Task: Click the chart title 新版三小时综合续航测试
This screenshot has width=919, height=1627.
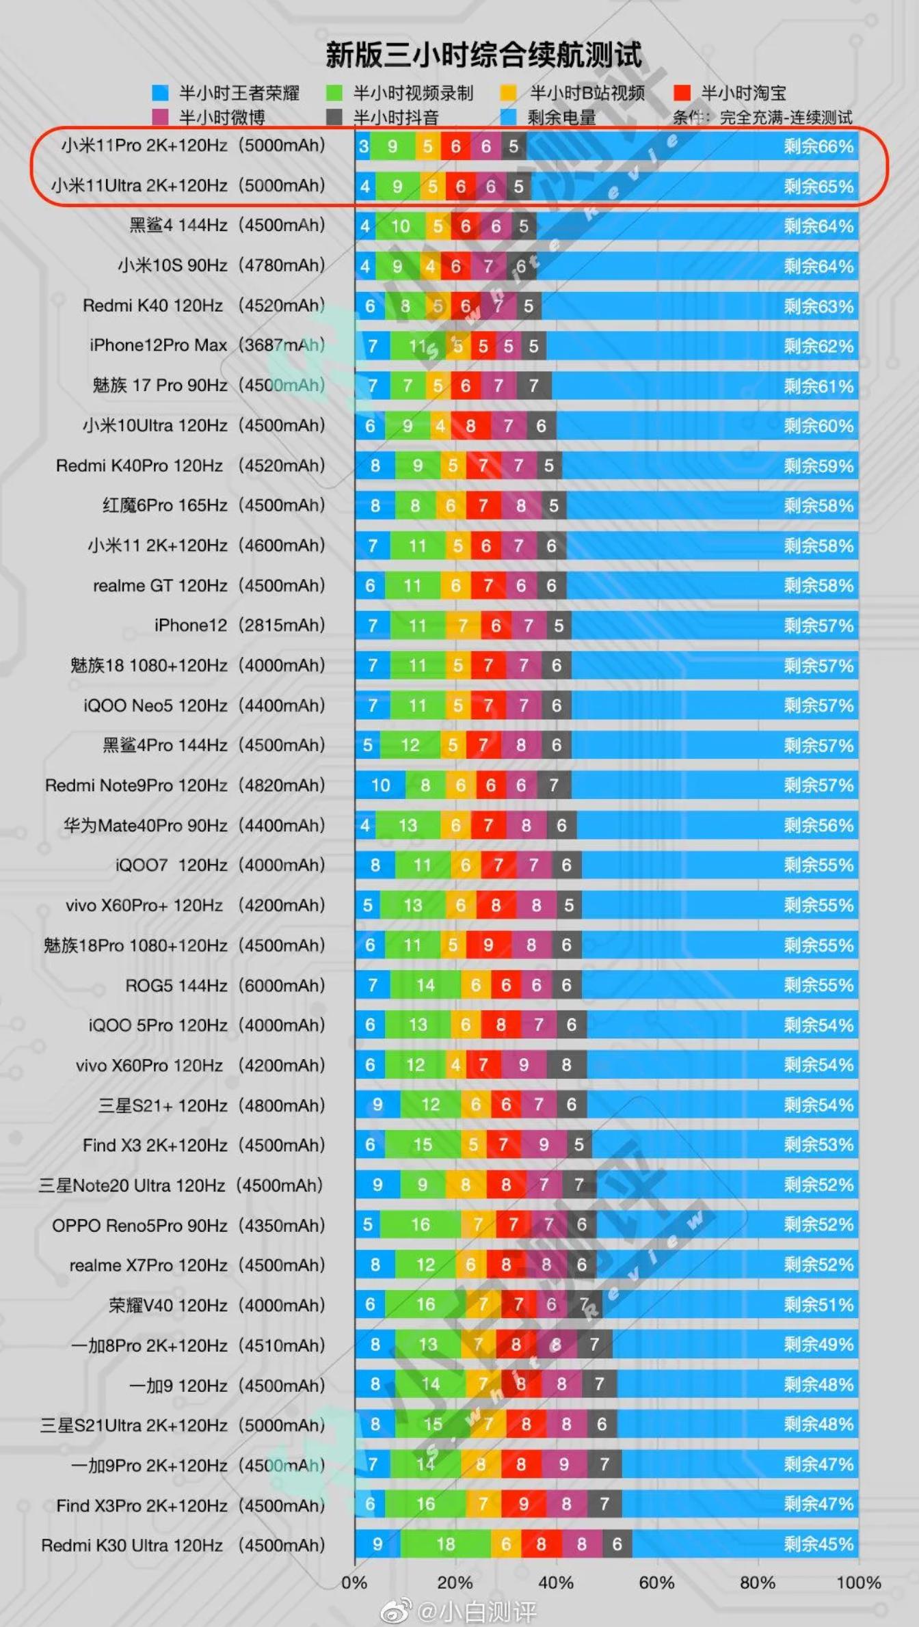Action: click(483, 55)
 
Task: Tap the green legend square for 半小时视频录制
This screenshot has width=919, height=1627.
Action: click(334, 93)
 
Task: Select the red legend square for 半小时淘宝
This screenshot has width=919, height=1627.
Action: click(682, 93)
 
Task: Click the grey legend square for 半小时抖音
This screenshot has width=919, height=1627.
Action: click(334, 118)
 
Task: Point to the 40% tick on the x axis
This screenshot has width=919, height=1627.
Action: click(556, 1583)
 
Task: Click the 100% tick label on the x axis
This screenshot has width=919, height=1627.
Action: click(859, 1583)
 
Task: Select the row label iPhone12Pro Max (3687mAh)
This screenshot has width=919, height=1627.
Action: click(207, 345)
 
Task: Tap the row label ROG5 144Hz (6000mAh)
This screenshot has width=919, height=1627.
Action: click(225, 985)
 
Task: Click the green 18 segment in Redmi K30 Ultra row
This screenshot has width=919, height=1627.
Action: click(445, 1544)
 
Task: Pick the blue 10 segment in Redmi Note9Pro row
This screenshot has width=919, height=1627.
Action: click(380, 785)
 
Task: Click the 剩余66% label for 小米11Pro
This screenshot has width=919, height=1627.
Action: click(818, 146)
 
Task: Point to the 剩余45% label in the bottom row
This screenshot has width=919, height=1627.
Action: click(818, 1544)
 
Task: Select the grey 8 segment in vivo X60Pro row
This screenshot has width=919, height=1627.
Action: click(566, 1065)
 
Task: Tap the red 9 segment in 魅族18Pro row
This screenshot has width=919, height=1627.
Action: click(488, 945)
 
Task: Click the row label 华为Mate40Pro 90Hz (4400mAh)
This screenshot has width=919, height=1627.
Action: click(194, 825)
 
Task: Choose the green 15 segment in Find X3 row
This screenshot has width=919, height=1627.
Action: click(423, 1145)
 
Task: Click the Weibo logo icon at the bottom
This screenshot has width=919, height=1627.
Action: click(397, 1611)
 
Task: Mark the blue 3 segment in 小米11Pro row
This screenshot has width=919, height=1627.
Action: click(363, 146)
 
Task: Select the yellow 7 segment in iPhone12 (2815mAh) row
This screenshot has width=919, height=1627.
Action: click(463, 626)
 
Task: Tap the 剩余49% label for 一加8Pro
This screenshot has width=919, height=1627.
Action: click(818, 1345)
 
